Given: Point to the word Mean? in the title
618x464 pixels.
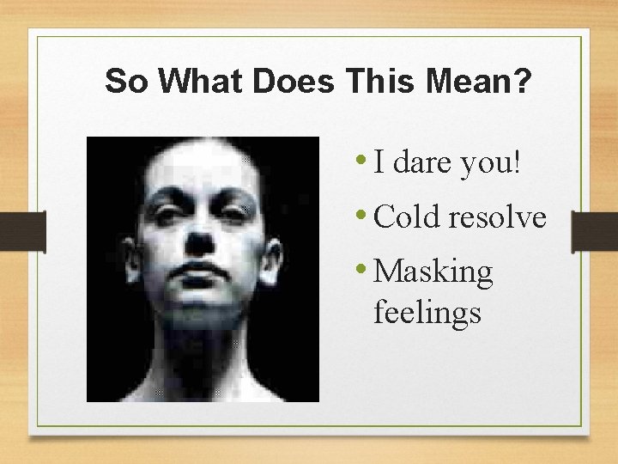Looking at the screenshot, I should (x=480, y=82).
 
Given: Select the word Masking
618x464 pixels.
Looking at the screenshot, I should (x=434, y=273).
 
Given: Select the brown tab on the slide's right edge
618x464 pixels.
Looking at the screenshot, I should (x=595, y=232).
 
